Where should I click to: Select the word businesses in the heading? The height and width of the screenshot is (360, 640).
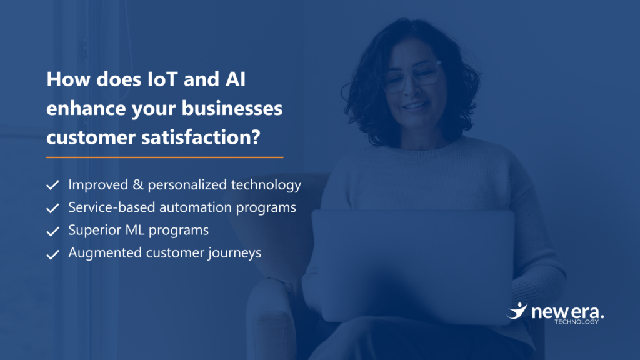pos(232,108)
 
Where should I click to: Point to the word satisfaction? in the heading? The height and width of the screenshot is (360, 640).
pos(201,137)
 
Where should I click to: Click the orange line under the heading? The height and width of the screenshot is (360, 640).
pos(164,157)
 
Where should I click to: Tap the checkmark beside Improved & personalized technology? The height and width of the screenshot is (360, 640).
pos(52,185)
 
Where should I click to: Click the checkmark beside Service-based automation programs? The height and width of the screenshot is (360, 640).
pos(52,208)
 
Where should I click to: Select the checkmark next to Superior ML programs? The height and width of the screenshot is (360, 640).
pos(52,231)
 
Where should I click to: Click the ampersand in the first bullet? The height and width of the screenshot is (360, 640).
pos(138,185)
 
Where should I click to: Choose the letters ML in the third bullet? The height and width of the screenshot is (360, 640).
pos(136,230)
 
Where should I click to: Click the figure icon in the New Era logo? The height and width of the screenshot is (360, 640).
pos(517,311)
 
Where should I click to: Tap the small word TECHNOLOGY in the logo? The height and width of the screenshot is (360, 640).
pos(576,322)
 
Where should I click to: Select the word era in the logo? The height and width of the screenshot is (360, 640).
pos(587,312)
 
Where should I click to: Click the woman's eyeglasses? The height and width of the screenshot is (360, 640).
pos(411,76)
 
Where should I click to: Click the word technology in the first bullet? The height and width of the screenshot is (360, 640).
pos(266,185)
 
